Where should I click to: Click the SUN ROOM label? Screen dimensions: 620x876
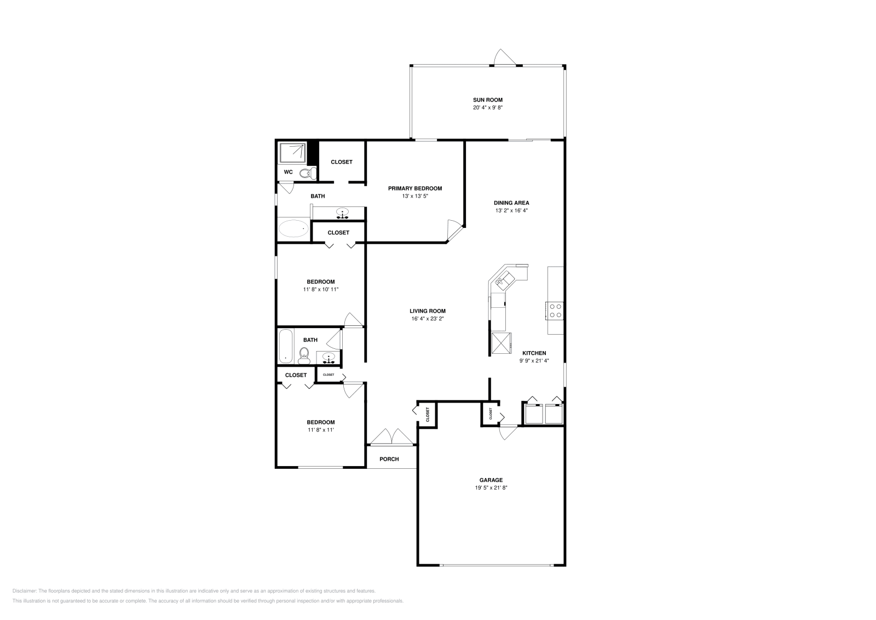point(487,100)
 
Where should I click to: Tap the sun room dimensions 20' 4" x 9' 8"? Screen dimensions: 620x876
point(487,108)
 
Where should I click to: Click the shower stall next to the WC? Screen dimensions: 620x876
point(292,153)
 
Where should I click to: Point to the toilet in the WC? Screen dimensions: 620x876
point(308,173)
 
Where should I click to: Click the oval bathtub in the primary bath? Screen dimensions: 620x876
point(293,228)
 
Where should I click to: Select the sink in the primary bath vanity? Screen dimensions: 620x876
point(343,213)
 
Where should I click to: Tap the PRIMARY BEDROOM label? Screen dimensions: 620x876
point(414,188)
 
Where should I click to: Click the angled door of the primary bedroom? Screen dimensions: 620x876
point(454,229)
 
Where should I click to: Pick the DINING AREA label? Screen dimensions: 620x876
point(511,203)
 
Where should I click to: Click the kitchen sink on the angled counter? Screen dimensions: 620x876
point(505,280)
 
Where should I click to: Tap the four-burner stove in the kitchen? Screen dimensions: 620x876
point(555,311)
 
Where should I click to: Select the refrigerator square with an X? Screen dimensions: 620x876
point(500,343)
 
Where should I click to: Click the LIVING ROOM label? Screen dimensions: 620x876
point(427,311)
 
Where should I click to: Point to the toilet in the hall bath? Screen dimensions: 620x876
point(304,356)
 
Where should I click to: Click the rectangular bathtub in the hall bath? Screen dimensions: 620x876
point(286,346)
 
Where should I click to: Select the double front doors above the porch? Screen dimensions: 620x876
point(391,437)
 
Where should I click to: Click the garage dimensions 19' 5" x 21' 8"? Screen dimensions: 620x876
point(491,487)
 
